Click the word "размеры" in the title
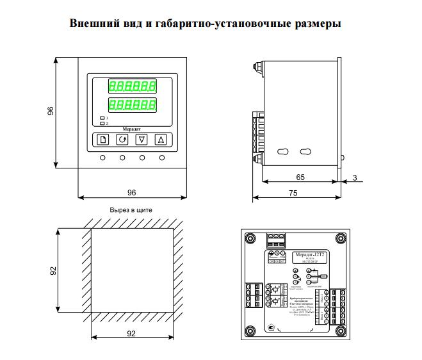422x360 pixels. point(314,24)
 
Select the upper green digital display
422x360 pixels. point(132,85)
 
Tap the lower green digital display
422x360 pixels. point(132,104)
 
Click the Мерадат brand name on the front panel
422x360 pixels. point(131,128)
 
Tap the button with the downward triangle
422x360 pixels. point(142,140)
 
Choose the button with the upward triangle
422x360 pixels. point(161,140)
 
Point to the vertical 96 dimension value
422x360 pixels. point(51,111)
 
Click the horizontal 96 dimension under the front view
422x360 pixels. point(131,192)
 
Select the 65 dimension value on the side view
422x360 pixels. point(300,176)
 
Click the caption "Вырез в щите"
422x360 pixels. point(131,210)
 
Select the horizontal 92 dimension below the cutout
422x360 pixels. point(131,334)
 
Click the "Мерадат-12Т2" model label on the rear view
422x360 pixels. point(309,255)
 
